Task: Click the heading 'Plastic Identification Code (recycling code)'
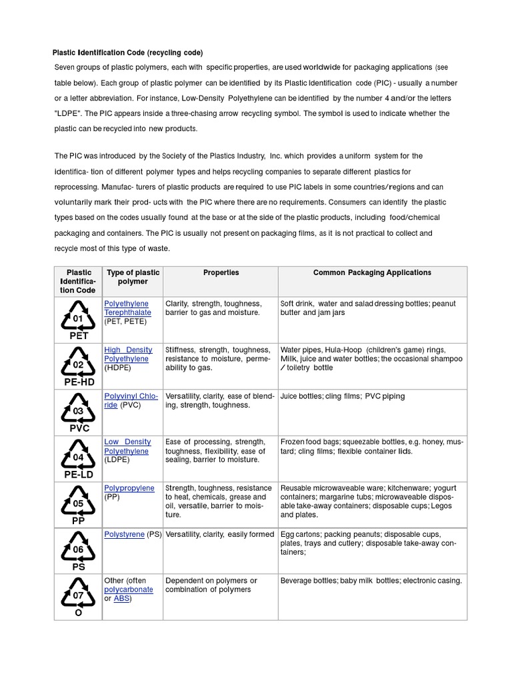click(x=128, y=53)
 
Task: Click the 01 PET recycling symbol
click(x=78, y=319)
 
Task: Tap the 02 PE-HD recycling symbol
click(x=78, y=366)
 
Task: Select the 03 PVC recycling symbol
click(x=78, y=412)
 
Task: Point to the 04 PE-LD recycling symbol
click(x=78, y=458)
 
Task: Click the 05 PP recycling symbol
click(x=78, y=504)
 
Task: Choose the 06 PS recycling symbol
click(x=78, y=550)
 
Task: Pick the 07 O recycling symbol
click(x=78, y=595)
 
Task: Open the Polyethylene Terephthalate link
click(x=127, y=308)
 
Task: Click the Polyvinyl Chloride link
click(x=131, y=400)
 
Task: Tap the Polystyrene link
click(x=124, y=534)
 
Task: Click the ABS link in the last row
click(x=121, y=599)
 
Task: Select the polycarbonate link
click(x=129, y=589)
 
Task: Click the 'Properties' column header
click(x=221, y=272)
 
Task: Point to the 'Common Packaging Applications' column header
click(x=372, y=272)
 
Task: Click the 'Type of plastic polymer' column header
click(x=133, y=277)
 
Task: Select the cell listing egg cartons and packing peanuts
click(x=372, y=543)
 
